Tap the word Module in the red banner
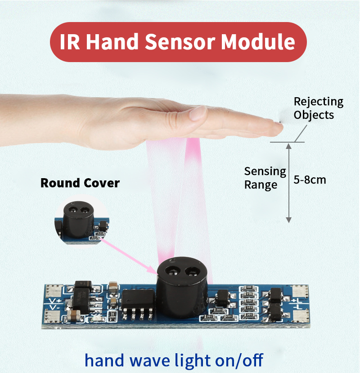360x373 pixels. tap(258, 42)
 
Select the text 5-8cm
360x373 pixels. tap(310, 180)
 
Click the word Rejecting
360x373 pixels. tap(318, 102)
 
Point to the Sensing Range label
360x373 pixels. tap(265, 178)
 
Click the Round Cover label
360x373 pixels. tap(80, 183)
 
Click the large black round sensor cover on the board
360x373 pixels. tap(182, 288)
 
